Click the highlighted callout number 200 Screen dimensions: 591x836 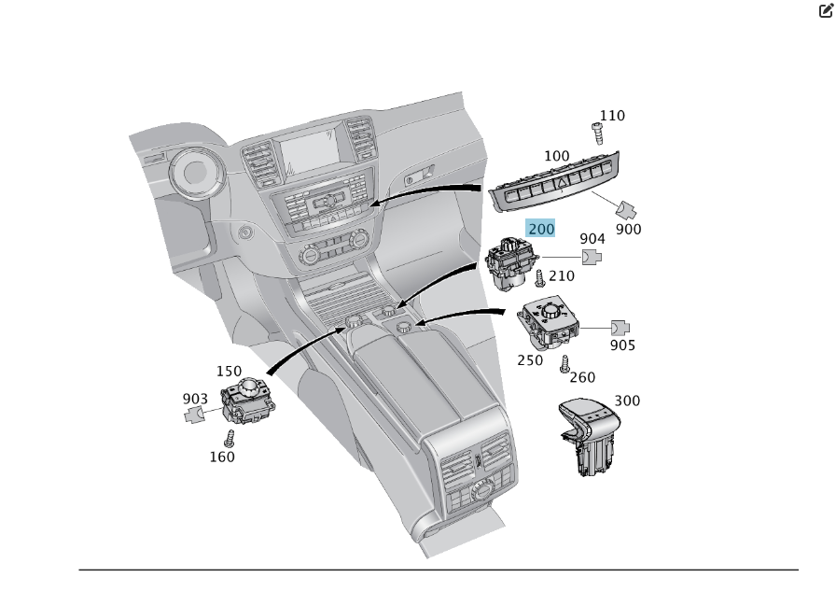click(x=541, y=229)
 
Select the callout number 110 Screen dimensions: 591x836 click(x=612, y=116)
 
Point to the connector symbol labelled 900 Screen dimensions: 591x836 click(x=627, y=208)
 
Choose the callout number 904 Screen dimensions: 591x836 click(x=592, y=240)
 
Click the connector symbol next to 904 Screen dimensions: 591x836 click(x=592, y=257)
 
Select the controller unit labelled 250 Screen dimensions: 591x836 click(x=549, y=323)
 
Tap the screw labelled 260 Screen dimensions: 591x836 click(x=564, y=365)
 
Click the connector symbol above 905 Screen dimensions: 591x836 click(x=621, y=328)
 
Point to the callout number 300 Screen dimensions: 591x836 click(x=627, y=401)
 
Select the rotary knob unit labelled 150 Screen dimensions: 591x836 click(x=246, y=399)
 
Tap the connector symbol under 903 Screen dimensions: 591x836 click(x=195, y=415)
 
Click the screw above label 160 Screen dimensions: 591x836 click(x=229, y=438)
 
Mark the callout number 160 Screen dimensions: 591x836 click(x=222, y=457)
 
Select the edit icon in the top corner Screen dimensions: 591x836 click(x=826, y=12)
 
